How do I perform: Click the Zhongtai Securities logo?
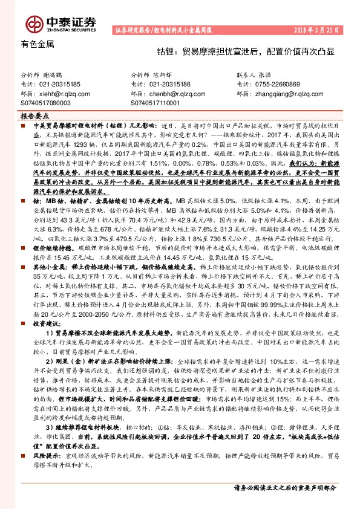tap(61, 24)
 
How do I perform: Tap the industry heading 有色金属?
tap(38, 44)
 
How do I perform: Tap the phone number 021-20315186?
tap(169, 85)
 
